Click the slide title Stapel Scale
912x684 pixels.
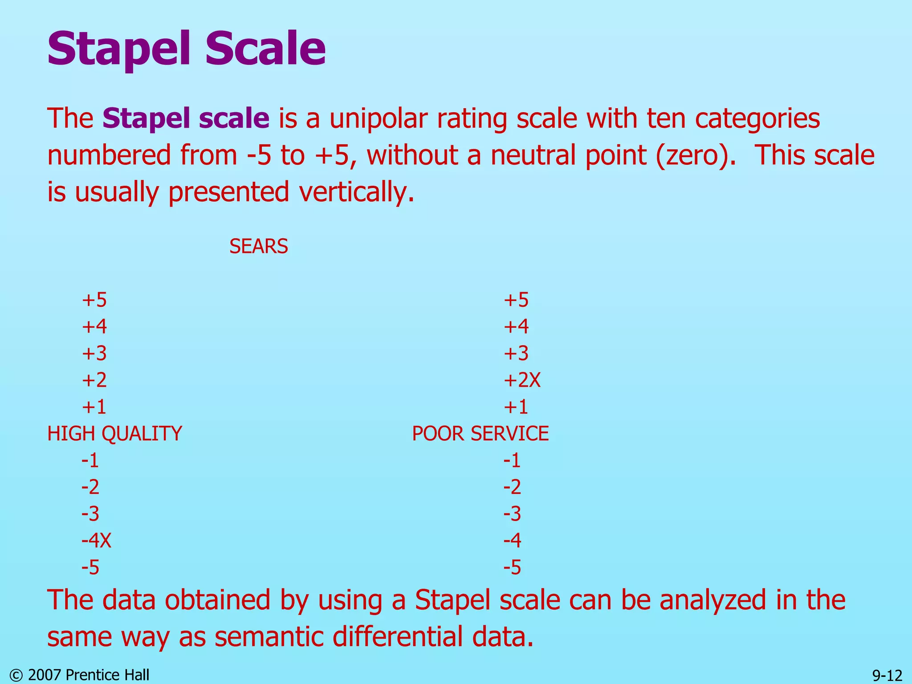[x=186, y=48]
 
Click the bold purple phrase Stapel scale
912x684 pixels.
[x=186, y=118]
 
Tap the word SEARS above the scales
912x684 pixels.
[x=258, y=246]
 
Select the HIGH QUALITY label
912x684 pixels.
[x=114, y=433]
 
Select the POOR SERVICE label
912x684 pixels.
[x=480, y=433]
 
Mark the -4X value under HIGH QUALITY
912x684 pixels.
[x=96, y=540]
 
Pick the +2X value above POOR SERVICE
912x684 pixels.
[x=522, y=380]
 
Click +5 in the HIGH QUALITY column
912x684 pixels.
[x=94, y=300]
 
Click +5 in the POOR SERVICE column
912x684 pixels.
[x=516, y=300]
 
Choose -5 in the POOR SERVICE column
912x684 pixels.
[x=512, y=567]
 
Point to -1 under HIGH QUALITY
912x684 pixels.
[x=90, y=460]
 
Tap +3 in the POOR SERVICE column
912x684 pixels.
[x=516, y=353]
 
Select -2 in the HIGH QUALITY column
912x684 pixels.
[x=90, y=487]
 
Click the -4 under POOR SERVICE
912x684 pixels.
[x=512, y=540]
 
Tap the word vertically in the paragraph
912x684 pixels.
[x=356, y=192]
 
